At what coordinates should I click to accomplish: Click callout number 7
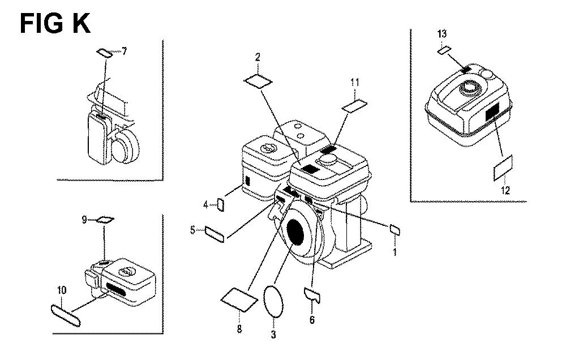pos(124,52)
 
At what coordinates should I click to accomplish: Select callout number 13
pos(442,34)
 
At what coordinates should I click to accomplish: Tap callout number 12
pos(505,190)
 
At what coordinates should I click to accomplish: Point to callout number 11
pos(355,83)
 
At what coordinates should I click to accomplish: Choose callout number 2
pos(258,57)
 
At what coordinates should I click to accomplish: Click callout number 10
pos(62,290)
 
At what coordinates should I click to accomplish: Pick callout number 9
pos(84,220)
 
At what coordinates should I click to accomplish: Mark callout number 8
pos(239,329)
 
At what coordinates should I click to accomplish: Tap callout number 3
pos(273,335)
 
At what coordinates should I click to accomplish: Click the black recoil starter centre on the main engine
pos(298,232)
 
